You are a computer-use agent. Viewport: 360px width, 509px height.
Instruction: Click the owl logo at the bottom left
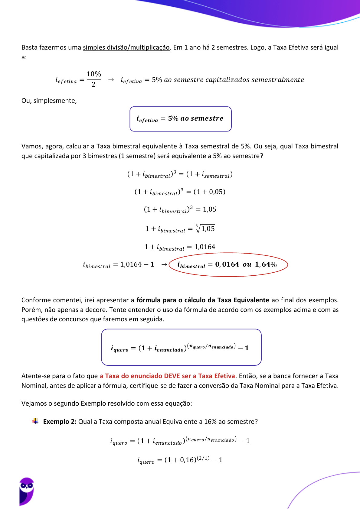pos(26,491)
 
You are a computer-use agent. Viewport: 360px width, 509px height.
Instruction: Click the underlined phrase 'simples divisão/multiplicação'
pos(126,47)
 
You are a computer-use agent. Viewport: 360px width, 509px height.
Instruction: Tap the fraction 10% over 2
pos(94,79)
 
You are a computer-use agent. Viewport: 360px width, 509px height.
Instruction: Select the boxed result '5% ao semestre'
pos(180,119)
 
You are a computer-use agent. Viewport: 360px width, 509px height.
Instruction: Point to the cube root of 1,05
pos(205,229)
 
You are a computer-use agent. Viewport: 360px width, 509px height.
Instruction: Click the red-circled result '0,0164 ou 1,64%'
pos(228,265)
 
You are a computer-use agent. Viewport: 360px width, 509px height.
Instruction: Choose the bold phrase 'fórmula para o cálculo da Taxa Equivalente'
pos(203,300)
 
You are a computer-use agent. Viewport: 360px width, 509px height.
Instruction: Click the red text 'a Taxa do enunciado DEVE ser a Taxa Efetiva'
pos(167,376)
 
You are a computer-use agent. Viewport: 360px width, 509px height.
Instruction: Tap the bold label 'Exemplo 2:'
pos(60,422)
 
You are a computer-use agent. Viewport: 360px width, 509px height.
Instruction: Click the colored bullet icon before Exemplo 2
pos(35,421)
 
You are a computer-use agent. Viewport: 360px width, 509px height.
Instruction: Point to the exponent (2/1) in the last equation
pos(203,458)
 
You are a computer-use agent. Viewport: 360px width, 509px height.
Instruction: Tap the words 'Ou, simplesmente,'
pos(49,101)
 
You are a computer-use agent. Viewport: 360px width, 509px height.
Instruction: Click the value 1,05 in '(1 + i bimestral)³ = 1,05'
pos(209,209)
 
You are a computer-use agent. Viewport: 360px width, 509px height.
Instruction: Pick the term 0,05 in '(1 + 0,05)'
pos(216,192)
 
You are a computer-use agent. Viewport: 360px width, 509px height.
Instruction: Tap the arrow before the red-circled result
pos(164,265)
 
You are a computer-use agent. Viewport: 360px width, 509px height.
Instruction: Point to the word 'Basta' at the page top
pos(29,47)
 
